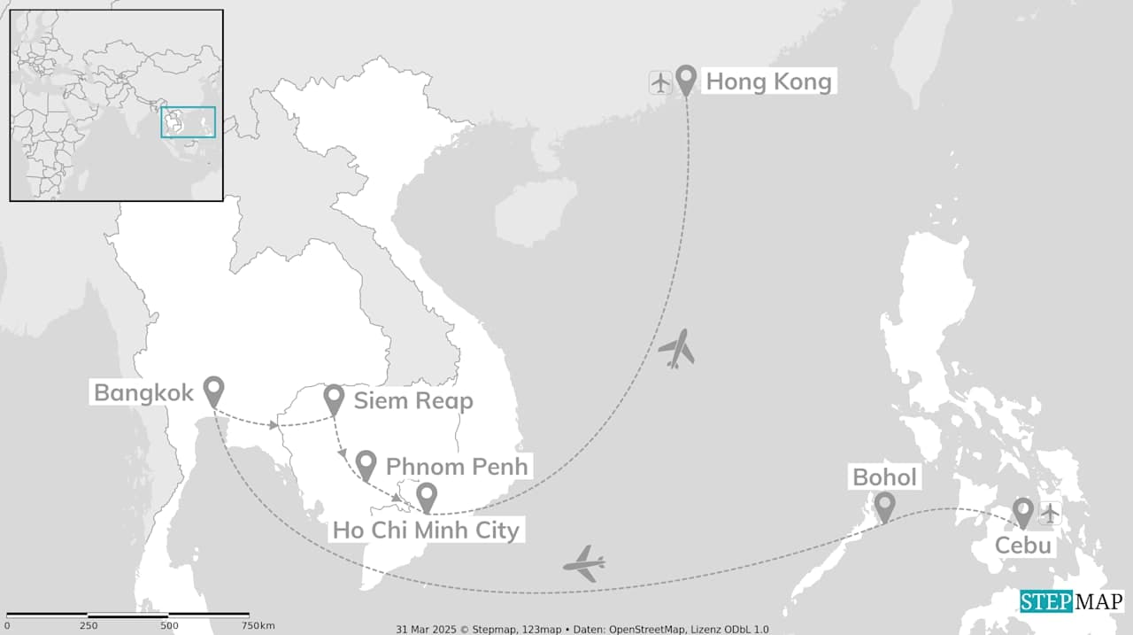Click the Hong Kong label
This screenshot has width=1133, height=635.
[x=767, y=82]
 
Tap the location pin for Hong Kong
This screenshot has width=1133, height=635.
[x=685, y=79]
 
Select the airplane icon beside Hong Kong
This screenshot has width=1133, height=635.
[x=660, y=82]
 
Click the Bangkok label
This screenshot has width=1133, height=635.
[x=143, y=392]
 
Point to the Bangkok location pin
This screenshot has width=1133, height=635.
[x=213, y=390]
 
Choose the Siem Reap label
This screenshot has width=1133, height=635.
[x=413, y=400]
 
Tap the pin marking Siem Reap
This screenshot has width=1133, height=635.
[x=334, y=399]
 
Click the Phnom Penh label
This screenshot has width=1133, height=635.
[x=457, y=466]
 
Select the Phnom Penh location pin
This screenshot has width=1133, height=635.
[x=366, y=464]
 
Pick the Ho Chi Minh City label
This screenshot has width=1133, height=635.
[x=426, y=530]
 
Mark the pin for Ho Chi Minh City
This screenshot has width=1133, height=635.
[x=427, y=497]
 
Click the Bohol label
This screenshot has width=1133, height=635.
[x=884, y=477]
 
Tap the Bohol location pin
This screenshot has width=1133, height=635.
[x=883, y=506]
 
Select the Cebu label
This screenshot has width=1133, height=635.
[x=1022, y=545]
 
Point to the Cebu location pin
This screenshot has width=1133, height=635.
[x=1023, y=511]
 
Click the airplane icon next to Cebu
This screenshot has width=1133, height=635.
[x=1050, y=513]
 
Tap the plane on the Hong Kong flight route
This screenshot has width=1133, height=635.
[x=676, y=349]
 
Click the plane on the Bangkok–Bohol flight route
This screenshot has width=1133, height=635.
[x=584, y=563]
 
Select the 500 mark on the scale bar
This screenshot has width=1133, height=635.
[x=169, y=625]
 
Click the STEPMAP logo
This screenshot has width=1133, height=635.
[x=1071, y=601]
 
